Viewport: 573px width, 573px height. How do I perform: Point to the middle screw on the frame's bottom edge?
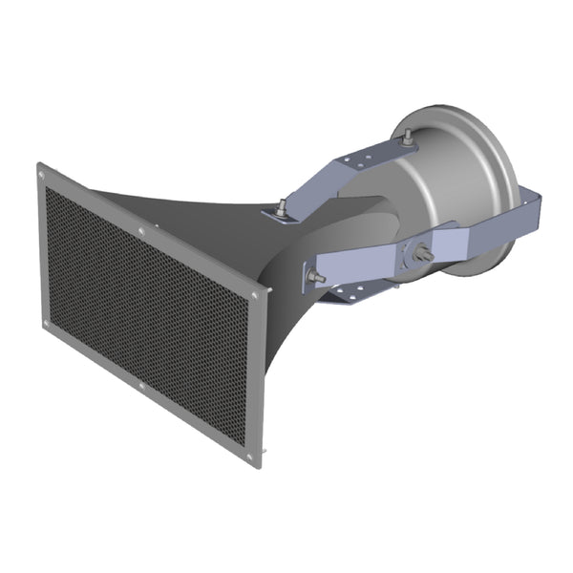click(x=142, y=386)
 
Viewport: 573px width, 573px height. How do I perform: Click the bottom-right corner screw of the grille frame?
click(x=252, y=457)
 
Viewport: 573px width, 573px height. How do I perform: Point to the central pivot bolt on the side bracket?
click(x=420, y=256)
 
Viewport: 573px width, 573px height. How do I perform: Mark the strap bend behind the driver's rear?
click(x=530, y=205)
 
